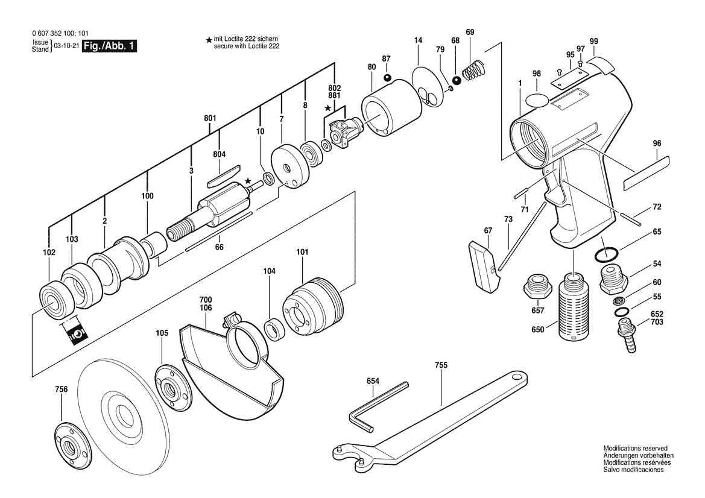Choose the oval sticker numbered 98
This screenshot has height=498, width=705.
[536, 99]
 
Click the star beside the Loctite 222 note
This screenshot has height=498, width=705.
[209, 40]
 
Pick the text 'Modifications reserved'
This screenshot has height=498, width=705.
[635, 449]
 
